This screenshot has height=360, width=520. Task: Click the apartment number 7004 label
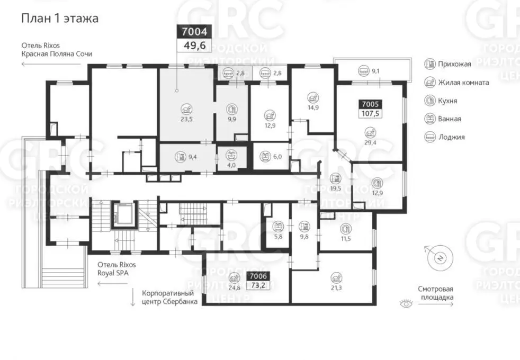coord(194,32)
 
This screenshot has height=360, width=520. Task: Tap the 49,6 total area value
coord(194,46)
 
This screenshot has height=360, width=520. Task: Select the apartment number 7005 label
coord(370,104)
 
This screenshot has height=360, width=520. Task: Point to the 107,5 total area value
coord(370,114)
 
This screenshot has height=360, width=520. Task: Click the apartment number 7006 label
coord(258,276)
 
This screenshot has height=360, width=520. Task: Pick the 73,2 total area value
coord(258,285)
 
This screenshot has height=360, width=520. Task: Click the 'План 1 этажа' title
coord(60,18)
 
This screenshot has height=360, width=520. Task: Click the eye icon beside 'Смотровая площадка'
coord(406,303)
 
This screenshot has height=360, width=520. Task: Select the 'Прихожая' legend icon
coord(430,64)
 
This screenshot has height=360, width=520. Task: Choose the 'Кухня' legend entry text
coord(447,101)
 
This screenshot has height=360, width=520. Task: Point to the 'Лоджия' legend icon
coord(430,137)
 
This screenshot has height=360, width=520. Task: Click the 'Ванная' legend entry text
coord(450,119)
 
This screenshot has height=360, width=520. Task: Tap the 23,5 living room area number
coord(187,119)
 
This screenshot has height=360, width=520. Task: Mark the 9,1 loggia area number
coord(376,70)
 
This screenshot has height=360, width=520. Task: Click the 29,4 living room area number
coord(370,143)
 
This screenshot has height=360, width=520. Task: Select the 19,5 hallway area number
coord(336,188)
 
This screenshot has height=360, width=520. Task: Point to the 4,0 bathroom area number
coord(231,165)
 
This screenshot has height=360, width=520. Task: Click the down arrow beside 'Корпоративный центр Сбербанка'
coord(133,296)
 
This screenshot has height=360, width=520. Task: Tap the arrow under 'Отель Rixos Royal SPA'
coord(113,284)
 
